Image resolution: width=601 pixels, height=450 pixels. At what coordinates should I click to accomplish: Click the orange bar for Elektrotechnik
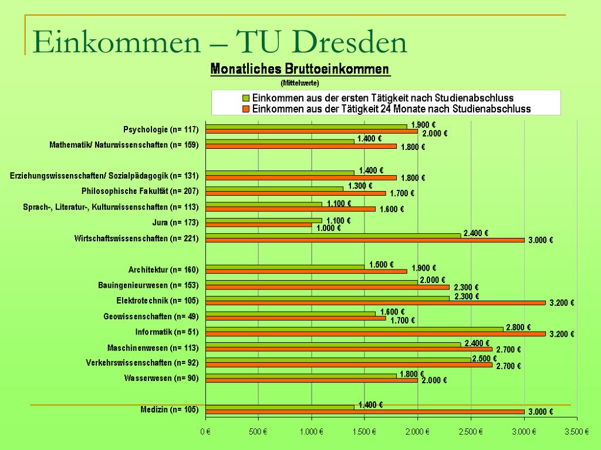376,303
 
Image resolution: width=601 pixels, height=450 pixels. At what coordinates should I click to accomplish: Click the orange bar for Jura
258,225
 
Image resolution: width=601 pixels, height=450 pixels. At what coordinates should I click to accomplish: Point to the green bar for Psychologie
306,127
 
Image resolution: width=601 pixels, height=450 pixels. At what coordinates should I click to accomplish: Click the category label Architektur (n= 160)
163,270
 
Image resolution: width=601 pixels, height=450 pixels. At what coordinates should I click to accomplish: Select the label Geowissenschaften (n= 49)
151,317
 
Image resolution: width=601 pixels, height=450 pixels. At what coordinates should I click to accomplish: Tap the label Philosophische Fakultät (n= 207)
140,192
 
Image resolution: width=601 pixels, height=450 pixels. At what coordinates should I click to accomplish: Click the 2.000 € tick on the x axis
417,432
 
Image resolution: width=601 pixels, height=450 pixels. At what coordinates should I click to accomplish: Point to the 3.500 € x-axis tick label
576,432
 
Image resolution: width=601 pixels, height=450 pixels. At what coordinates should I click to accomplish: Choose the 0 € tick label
205,432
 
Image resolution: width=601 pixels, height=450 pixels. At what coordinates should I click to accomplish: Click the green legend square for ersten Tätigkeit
247,98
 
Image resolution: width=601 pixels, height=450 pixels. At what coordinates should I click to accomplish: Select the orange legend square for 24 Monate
247,109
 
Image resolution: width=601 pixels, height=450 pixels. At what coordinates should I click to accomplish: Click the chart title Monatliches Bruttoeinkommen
300,69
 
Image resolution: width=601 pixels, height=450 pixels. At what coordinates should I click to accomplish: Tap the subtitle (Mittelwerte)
299,83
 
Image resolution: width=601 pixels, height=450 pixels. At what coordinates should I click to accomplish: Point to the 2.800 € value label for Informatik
518,328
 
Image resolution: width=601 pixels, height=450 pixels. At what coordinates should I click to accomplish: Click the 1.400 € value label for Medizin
370,405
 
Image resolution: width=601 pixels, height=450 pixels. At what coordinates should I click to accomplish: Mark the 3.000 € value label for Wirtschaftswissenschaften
541,240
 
